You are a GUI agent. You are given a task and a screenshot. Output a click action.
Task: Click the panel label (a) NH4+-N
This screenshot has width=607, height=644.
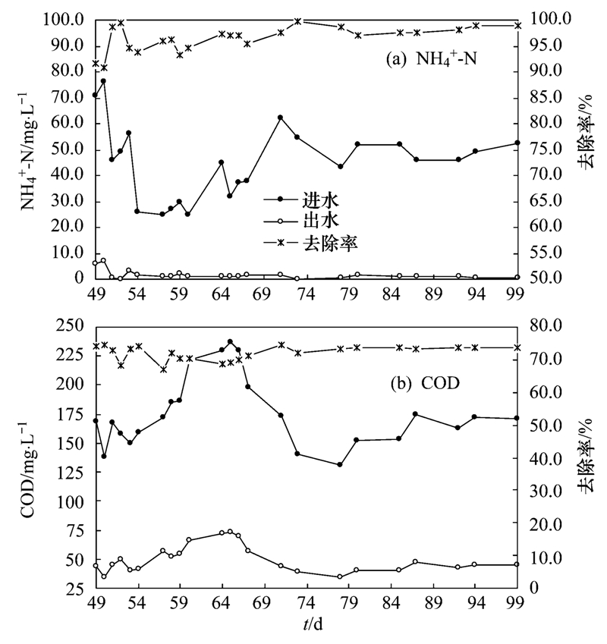(x=430, y=60)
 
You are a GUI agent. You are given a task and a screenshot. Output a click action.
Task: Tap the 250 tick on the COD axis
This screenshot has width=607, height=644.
(x=73, y=325)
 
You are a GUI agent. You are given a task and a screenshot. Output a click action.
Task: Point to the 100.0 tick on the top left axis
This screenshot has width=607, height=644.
(x=68, y=19)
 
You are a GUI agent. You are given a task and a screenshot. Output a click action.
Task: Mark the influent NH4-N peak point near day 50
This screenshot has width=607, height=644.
(x=103, y=80)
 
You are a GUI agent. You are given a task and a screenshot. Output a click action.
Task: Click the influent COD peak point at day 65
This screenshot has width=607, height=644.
(x=230, y=342)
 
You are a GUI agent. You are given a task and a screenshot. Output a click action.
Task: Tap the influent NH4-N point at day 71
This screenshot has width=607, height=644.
(x=280, y=118)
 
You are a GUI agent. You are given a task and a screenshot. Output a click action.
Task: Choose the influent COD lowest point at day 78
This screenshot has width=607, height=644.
(x=340, y=464)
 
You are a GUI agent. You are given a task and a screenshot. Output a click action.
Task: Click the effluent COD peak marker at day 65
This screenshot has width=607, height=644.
(x=230, y=532)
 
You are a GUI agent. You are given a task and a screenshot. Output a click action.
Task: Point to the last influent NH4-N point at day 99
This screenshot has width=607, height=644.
(x=517, y=143)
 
